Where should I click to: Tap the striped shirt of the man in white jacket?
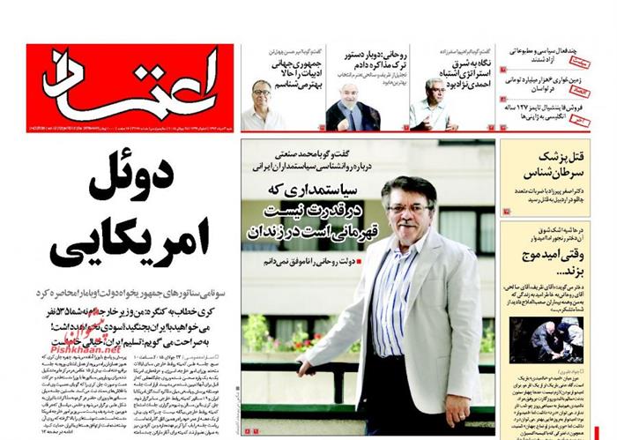coord(393,300)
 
